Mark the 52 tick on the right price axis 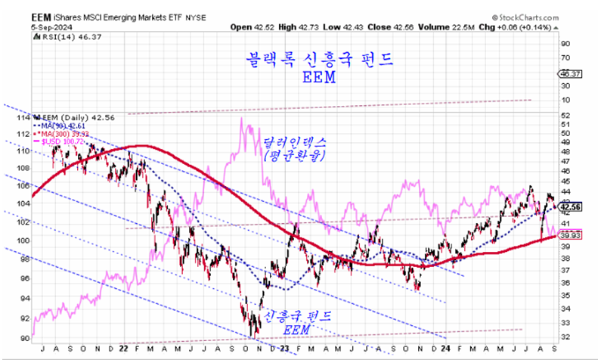pyautogui.click(x=564, y=114)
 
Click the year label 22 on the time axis pyautogui.click(x=123, y=349)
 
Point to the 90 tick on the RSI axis pyautogui.click(x=564, y=45)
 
